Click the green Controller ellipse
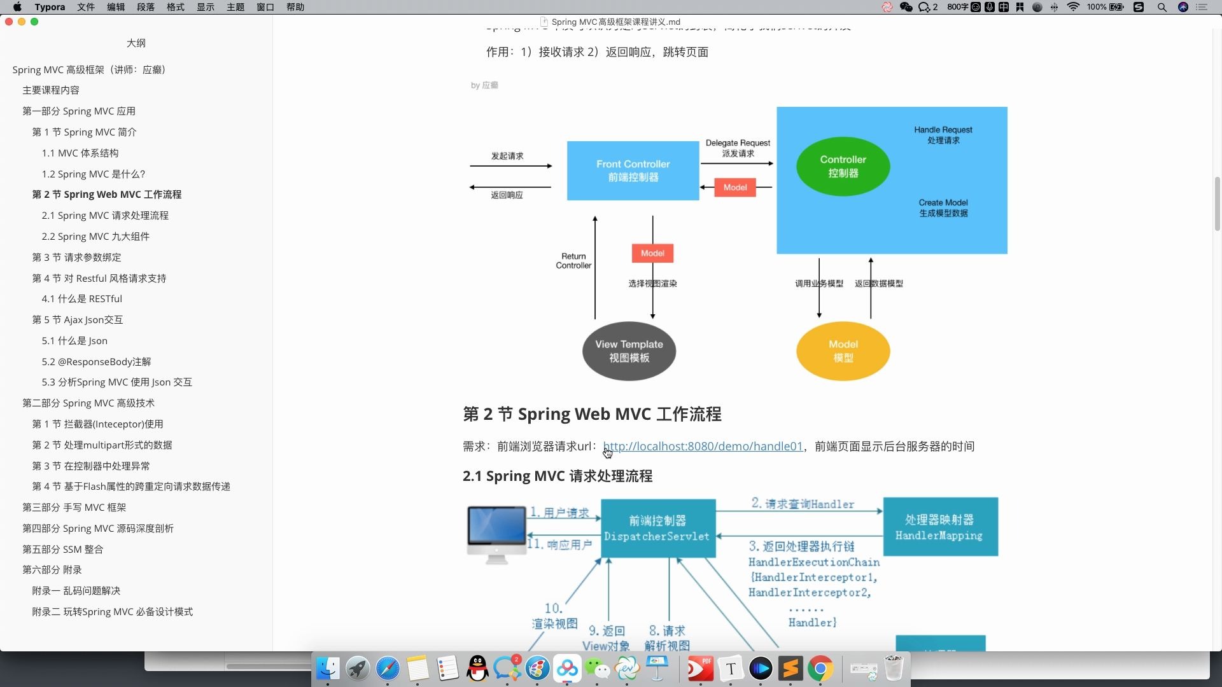[843, 167]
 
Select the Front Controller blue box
[633, 170]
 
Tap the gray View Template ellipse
[629, 351]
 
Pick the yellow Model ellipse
[843, 351]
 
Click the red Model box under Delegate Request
[734, 188]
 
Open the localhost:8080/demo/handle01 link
[703, 447]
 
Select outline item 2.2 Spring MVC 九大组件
[95, 237]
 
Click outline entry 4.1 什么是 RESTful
[81, 299]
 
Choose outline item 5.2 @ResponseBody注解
[96, 362]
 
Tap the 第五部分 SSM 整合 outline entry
[62, 550]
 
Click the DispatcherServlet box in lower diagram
[657, 529]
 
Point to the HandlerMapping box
[939, 527]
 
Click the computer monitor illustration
[496, 533]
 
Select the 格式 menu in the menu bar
[175, 7]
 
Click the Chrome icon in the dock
[820, 669]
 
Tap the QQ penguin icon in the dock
[477, 669]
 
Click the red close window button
[9, 22]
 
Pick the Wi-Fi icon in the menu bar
[1073, 7]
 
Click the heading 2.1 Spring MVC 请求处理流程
[557, 476]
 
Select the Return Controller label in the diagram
[573, 261]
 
